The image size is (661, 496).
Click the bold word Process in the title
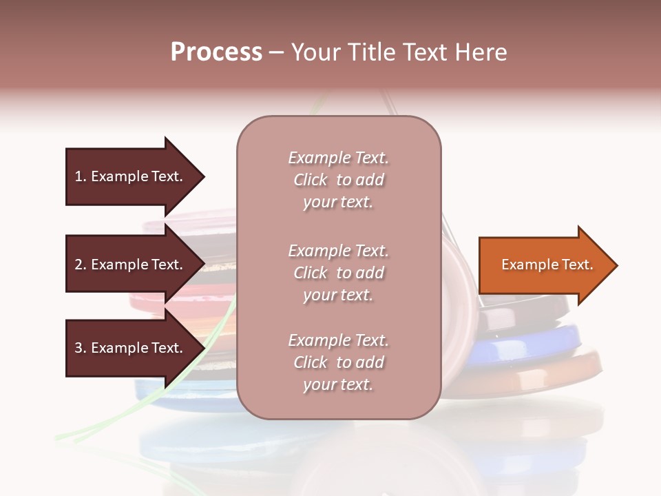pyautogui.click(x=216, y=52)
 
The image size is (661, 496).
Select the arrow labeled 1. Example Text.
pyautogui.click(x=131, y=176)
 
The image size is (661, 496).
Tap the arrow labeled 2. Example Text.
pyautogui.click(x=131, y=265)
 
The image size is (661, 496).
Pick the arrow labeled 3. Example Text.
pyautogui.click(x=131, y=348)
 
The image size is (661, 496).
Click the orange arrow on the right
pyautogui.click(x=544, y=265)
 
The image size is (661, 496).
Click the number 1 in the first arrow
pyautogui.click(x=78, y=176)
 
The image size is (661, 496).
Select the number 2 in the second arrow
pyautogui.click(x=78, y=265)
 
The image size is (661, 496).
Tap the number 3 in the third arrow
pyautogui.click(x=78, y=348)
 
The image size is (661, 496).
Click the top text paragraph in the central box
pyautogui.click(x=338, y=180)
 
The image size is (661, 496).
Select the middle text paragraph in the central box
pyautogui.click(x=338, y=273)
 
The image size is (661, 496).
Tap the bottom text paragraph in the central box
pyautogui.click(x=338, y=362)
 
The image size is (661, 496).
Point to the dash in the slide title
pyautogui.click(x=277, y=53)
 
